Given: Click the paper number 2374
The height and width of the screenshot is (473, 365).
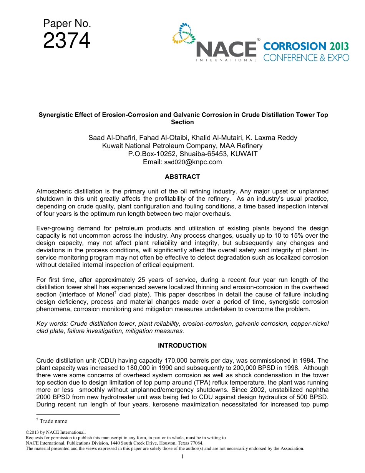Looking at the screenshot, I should tap(66, 41).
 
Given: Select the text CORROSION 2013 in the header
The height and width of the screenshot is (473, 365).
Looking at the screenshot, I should tap(306, 47).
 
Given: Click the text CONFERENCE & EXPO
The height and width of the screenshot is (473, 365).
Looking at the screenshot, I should tap(306, 58).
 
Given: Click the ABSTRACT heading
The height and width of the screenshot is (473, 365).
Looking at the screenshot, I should tap(182, 177).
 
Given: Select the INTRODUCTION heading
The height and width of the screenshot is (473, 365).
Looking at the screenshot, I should tap(182, 345).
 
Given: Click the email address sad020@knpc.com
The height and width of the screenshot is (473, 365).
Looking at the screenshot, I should tap(193, 162).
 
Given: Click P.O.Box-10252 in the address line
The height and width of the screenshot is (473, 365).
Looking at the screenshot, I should tap(150, 154).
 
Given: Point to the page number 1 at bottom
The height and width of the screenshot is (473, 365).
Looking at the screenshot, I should tap(182, 456).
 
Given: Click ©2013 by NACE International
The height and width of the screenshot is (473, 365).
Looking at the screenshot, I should tap(55, 432).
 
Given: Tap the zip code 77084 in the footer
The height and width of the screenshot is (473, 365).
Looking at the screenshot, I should tap(196, 443).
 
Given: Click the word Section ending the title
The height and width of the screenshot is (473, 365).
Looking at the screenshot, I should tap(182, 122).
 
